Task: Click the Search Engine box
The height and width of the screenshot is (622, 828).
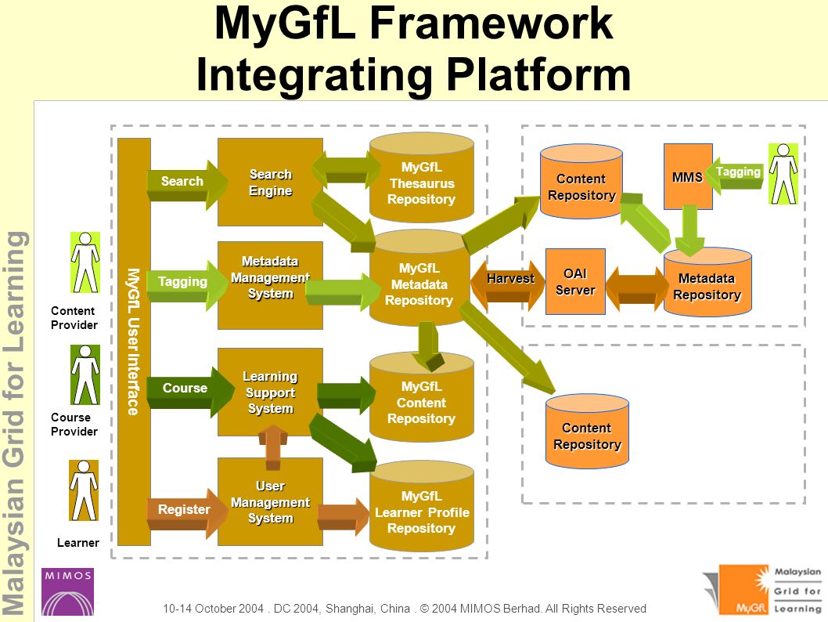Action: (270, 183)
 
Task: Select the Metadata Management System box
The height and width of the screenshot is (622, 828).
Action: (270, 285)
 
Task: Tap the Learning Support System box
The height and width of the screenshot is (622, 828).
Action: (270, 392)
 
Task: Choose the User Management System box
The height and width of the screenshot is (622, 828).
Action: (270, 501)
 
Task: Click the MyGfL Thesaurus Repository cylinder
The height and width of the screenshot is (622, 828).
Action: (421, 178)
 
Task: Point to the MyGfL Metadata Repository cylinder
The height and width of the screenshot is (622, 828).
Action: (419, 279)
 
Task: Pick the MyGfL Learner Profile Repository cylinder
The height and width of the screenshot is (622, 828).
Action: (421, 507)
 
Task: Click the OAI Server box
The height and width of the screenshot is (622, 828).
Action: (575, 282)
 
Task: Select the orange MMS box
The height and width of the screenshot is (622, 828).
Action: (688, 176)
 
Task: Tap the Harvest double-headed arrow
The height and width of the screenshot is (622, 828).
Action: (507, 285)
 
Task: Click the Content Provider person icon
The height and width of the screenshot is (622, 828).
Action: (85, 262)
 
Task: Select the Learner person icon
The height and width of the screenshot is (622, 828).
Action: (84, 490)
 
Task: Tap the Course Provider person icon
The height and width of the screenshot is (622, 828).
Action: (85, 375)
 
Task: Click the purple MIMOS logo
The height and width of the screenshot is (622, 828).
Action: (67, 592)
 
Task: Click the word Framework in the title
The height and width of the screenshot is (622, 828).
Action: (491, 24)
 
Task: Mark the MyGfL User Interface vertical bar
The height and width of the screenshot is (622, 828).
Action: (134, 342)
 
